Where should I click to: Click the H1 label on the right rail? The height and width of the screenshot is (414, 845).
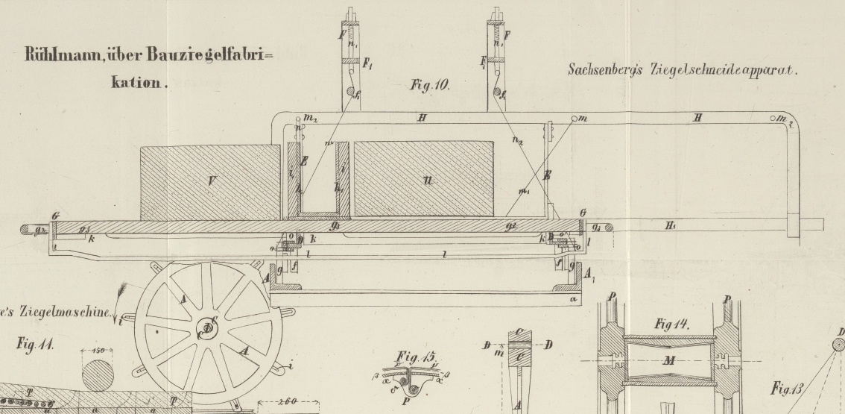[671, 225]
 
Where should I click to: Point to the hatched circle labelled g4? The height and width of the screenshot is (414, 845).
[610, 227]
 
